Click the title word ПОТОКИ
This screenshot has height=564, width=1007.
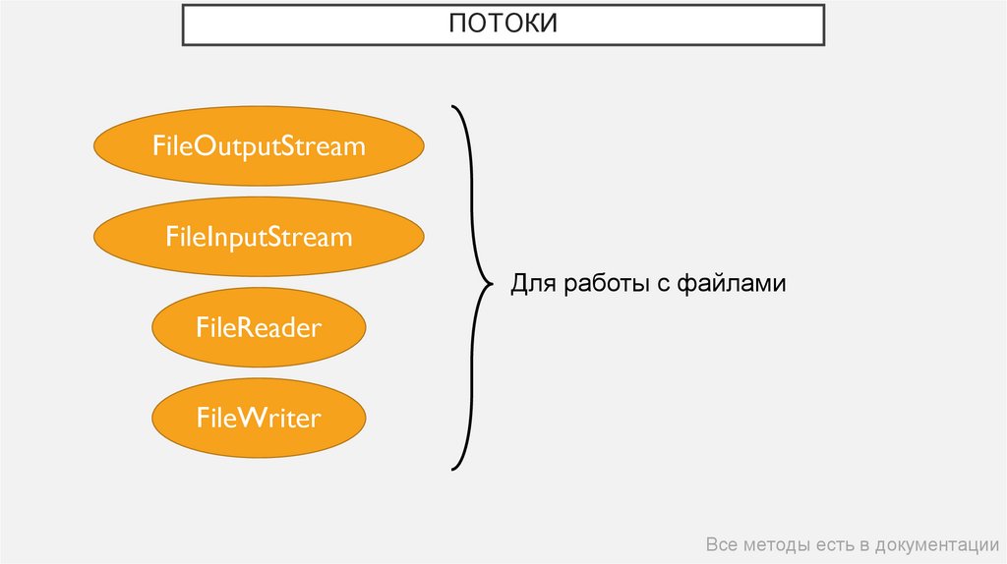click(x=503, y=24)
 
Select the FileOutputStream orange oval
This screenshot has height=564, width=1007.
click(x=259, y=147)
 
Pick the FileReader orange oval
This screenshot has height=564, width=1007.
click(x=259, y=328)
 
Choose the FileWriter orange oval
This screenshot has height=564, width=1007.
click(x=259, y=419)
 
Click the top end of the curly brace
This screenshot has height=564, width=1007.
click(x=452, y=105)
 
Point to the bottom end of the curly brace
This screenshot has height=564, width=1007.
click(x=452, y=469)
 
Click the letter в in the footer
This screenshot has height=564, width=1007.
click(x=863, y=546)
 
